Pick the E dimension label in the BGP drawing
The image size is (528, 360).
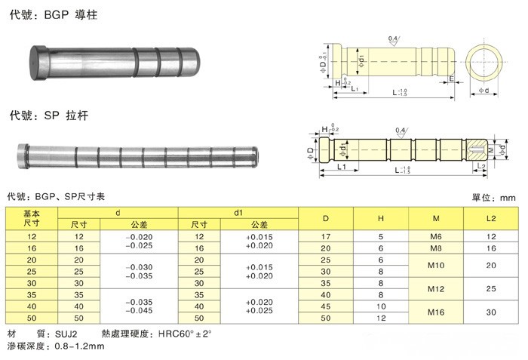point(450,78)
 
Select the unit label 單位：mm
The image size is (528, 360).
point(493,197)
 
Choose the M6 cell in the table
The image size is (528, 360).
point(436,237)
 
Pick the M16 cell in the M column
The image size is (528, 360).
point(436,312)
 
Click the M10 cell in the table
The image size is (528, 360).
point(436,265)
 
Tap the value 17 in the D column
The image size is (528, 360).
point(326,237)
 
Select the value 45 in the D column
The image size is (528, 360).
point(326,307)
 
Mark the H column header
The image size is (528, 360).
point(381,219)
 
